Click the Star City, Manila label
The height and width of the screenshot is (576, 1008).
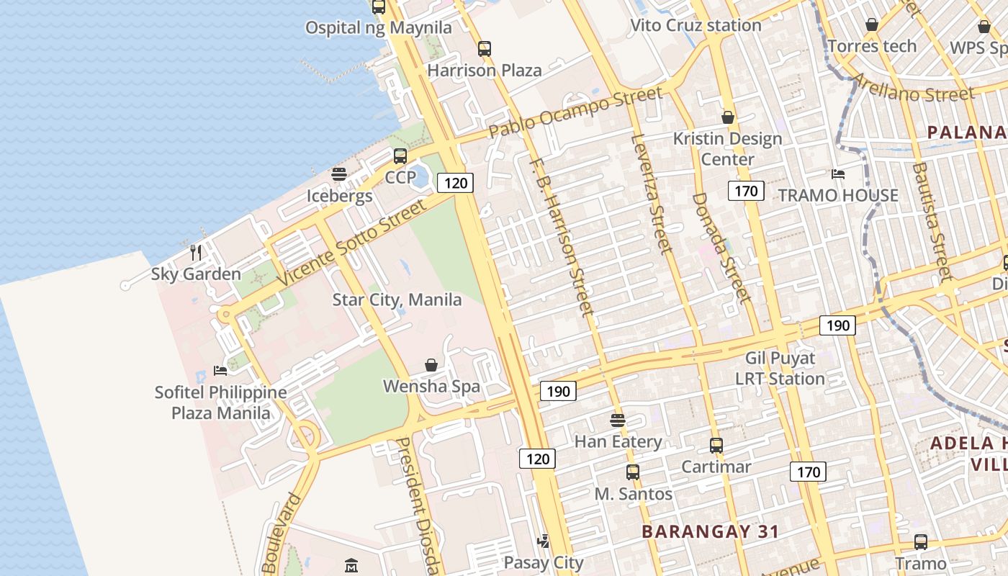pos(397,300)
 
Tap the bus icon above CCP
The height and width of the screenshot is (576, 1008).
pos(400,156)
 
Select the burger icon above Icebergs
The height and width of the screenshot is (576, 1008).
pos(339,174)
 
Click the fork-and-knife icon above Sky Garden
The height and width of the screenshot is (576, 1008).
pos(195,252)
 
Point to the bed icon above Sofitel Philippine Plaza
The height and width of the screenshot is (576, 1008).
pos(220,370)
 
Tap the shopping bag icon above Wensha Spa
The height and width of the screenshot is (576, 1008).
pos(431,365)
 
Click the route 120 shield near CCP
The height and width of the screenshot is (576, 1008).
pos(456,183)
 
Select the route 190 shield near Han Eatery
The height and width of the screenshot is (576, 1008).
pos(558,392)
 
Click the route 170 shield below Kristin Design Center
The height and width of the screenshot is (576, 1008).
pos(746,191)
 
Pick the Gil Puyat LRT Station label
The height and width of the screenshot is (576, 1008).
pos(780,368)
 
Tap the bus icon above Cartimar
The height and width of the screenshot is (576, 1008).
pos(716,445)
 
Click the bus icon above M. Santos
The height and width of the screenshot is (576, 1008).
pos(633,472)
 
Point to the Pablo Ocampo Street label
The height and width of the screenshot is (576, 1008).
pos(575,112)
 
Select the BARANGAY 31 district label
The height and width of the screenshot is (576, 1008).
pos(710,532)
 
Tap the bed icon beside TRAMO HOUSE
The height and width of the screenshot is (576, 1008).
pos(837,174)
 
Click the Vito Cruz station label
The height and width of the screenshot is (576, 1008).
pos(696,25)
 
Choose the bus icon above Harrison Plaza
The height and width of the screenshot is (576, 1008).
pos(485,49)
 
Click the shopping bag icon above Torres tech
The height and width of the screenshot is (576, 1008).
pos(872,25)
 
